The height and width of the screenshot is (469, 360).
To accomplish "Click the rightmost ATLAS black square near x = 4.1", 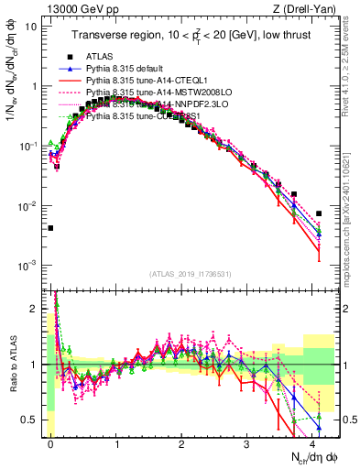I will (x=319, y=213).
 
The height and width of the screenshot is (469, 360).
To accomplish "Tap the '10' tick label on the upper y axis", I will (x=32, y=26).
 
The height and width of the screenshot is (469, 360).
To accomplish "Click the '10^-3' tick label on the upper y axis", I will (x=29, y=265).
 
